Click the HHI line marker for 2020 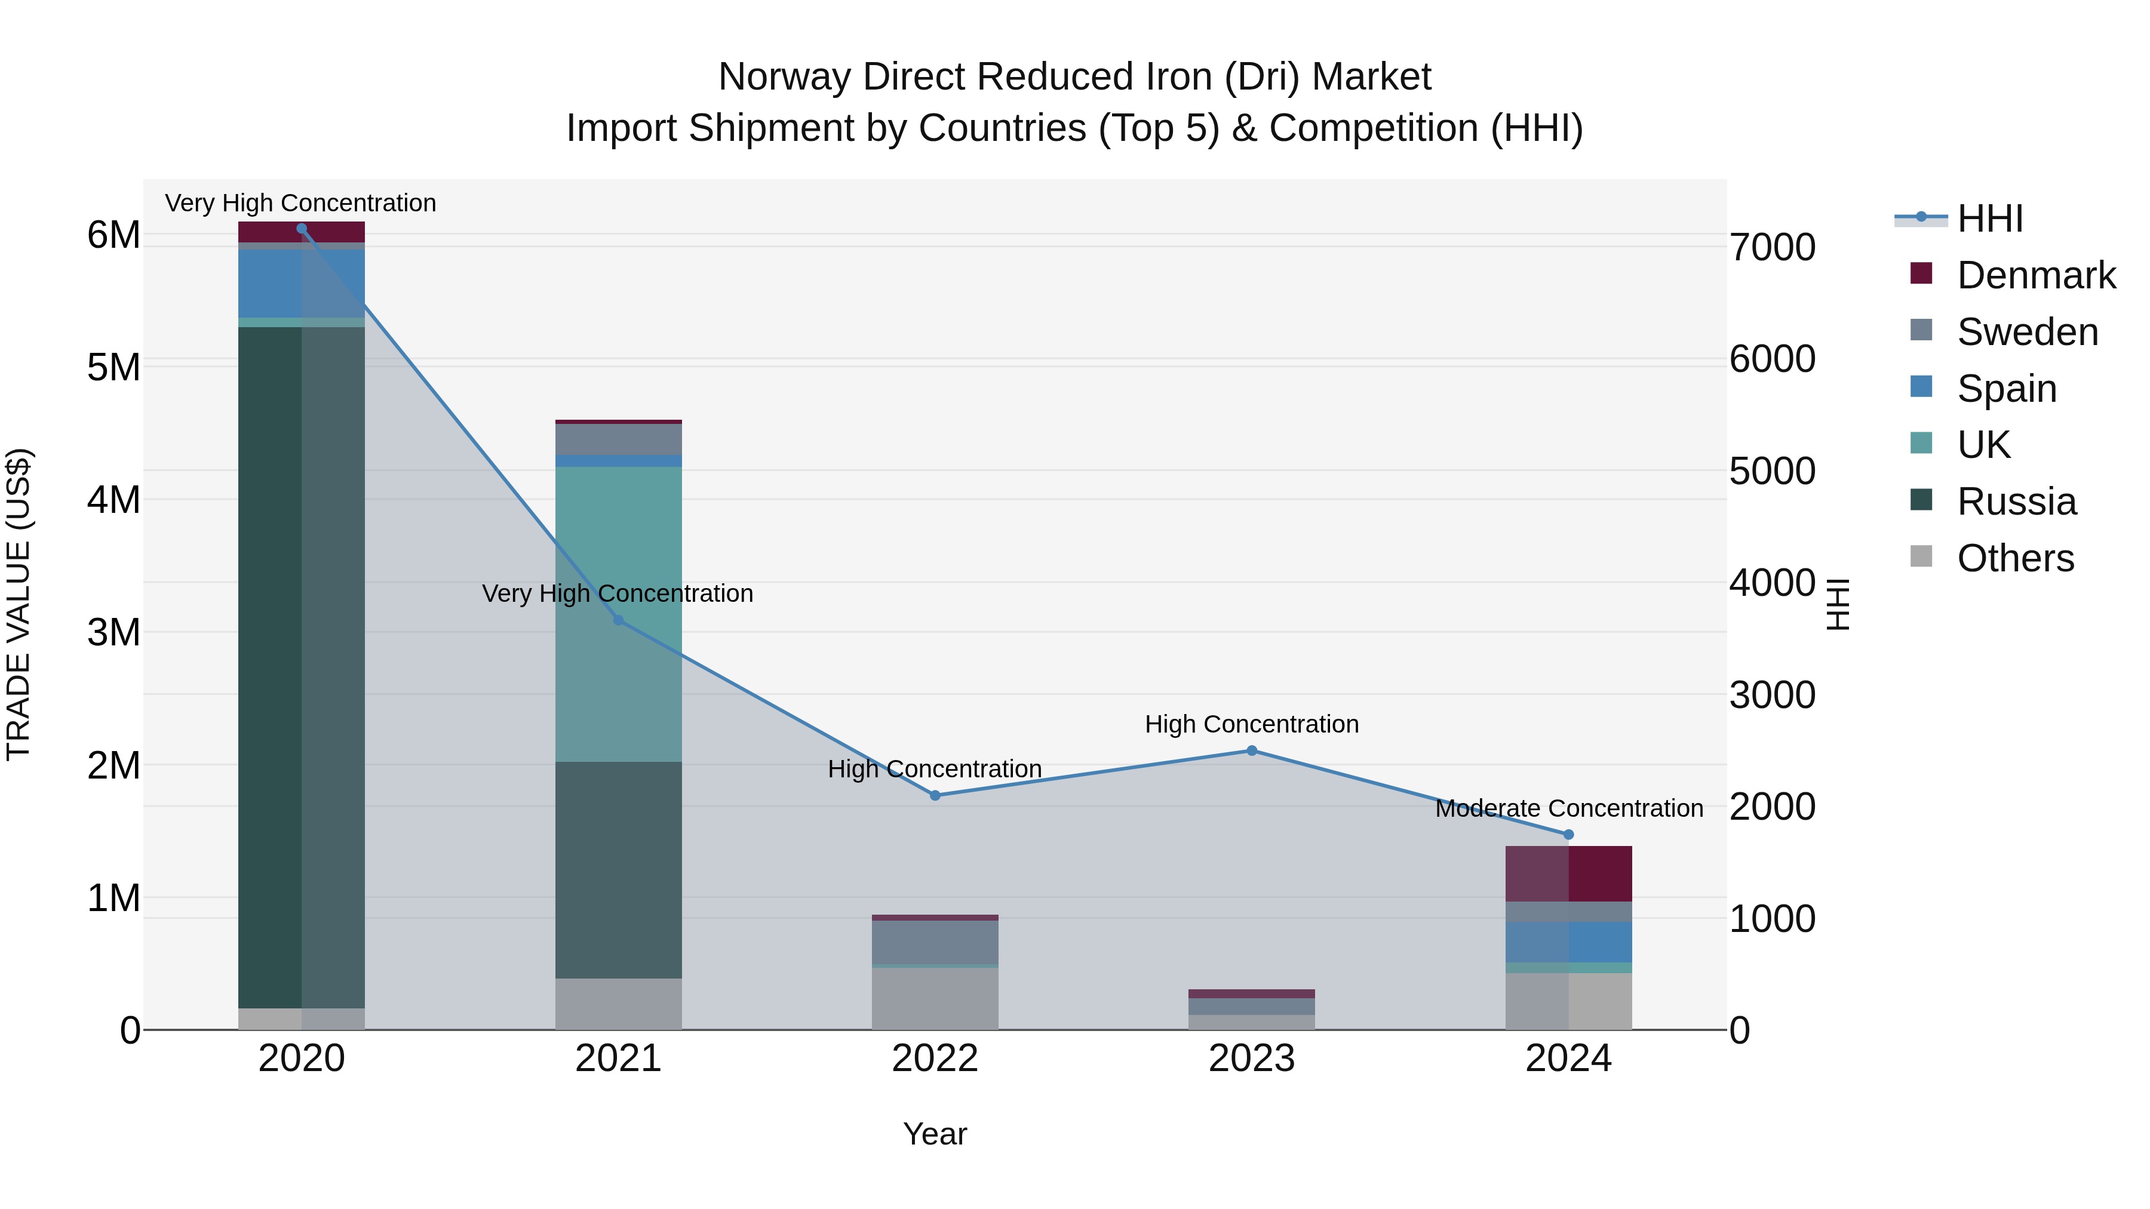pyautogui.click(x=302, y=228)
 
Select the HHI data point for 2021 pyautogui.click(x=619, y=620)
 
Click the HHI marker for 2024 pyautogui.click(x=1568, y=835)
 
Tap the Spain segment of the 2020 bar pyautogui.click(x=271, y=284)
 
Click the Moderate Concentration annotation pyautogui.click(x=1568, y=808)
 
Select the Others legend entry pyautogui.click(x=2015, y=558)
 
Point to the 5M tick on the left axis pyautogui.click(x=113, y=367)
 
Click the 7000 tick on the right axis pyautogui.click(x=1772, y=247)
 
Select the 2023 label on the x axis pyautogui.click(x=1251, y=1058)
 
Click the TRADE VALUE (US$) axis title pyautogui.click(x=19, y=604)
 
